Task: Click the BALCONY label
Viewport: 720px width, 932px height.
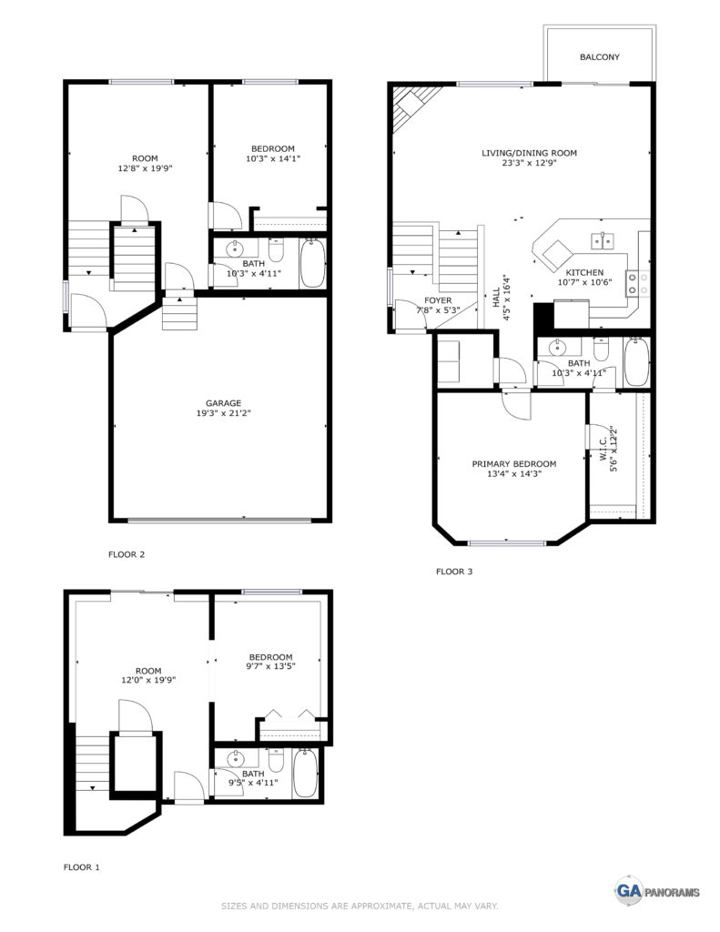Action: tap(599, 57)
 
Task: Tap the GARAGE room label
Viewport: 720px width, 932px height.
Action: tap(224, 403)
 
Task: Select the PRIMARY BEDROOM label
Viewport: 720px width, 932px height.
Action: tap(513, 463)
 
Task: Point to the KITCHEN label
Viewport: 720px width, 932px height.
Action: tap(584, 272)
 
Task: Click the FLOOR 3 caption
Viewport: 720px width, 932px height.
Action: tap(454, 572)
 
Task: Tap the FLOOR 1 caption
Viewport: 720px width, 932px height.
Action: tap(81, 867)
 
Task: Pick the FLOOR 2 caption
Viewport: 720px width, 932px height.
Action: tap(126, 554)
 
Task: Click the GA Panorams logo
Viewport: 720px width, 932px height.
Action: tap(656, 891)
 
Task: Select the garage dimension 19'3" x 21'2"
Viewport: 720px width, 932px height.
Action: tap(224, 413)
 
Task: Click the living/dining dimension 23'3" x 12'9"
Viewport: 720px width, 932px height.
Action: tap(529, 163)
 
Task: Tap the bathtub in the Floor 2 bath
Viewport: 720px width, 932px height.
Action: tap(312, 263)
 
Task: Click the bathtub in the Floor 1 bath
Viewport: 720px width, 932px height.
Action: tap(306, 773)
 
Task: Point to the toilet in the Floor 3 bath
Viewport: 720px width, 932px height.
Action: tap(601, 349)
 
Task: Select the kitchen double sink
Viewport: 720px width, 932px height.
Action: tap(603, 240)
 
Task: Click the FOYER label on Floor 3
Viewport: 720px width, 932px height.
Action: tap(438, 300)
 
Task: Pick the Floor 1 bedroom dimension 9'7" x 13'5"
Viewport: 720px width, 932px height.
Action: tap(271, 666)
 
